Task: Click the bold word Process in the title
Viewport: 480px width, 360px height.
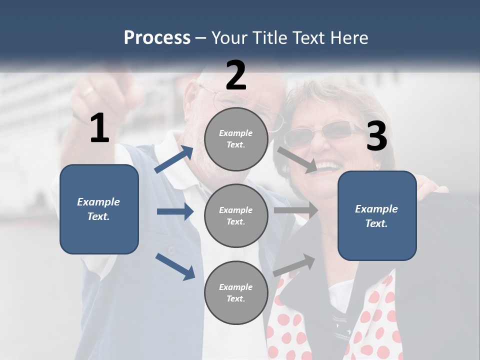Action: point(157,38)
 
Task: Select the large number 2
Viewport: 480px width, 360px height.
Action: point(236,75)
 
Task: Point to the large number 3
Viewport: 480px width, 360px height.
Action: point(376,136)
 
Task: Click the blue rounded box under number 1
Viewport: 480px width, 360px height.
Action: point(99,209)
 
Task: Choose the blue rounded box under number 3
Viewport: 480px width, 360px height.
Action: point(377,215)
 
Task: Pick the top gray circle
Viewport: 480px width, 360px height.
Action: point(236,139)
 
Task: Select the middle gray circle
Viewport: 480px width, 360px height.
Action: point(236,215)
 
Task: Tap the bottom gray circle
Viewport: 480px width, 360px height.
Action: point(236,292)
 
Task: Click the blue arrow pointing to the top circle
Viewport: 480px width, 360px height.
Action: point(174,159)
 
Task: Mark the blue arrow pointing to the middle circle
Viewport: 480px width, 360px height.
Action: point(175,211)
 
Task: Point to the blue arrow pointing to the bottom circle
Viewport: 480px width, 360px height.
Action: point(175,266)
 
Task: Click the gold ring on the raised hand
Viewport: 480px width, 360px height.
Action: point(88,91)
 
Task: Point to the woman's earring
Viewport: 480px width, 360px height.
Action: point(377,165)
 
